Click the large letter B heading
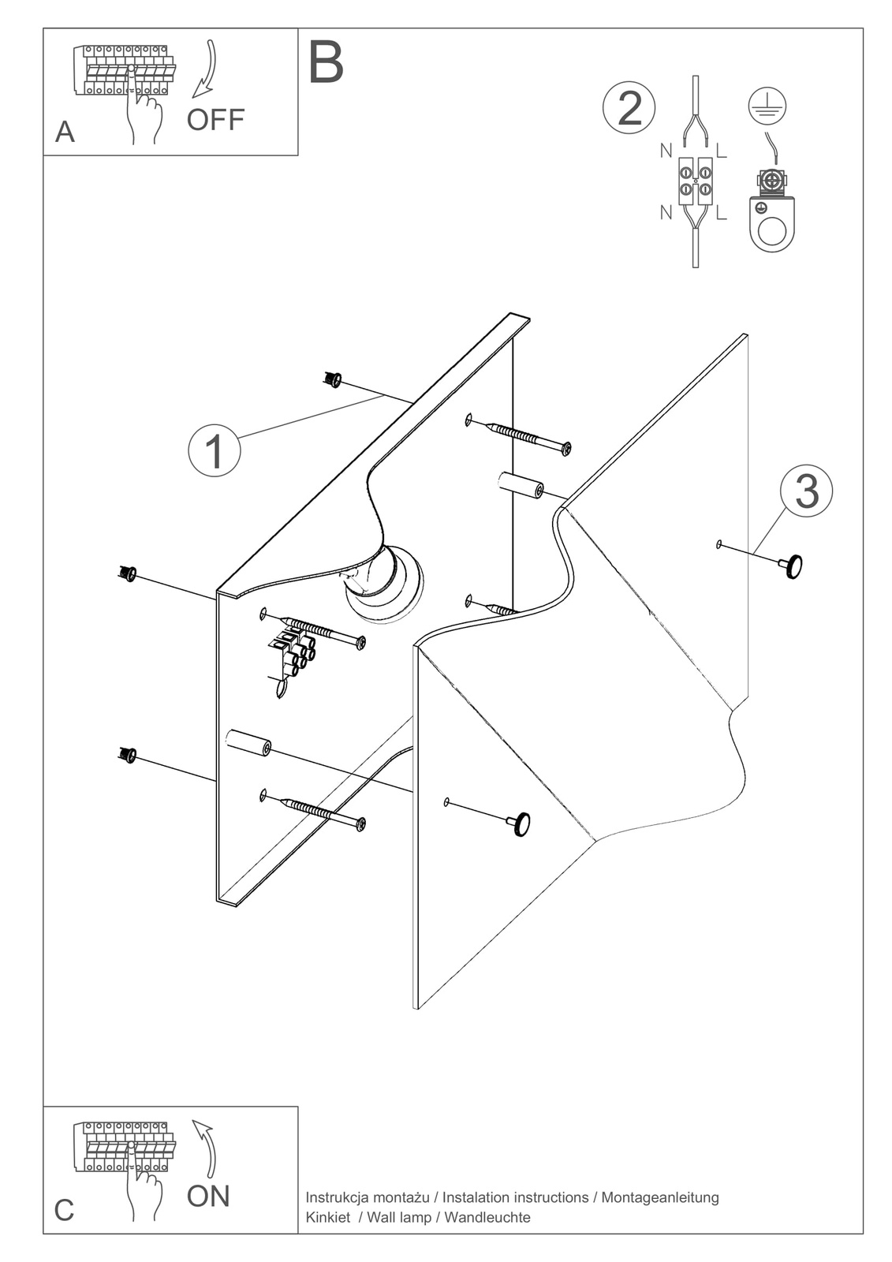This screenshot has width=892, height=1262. [326, 63]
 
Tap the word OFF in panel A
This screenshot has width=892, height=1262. [215, 120]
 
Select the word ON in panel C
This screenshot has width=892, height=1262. [208, 1197]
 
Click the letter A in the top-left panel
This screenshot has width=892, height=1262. [65, 132]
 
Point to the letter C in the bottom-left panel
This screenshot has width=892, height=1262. [64, 1210]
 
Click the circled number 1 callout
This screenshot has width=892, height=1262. [215, 450]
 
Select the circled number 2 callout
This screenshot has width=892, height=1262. [629, 109]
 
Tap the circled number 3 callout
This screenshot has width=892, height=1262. [806, 491]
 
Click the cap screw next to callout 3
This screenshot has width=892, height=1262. [791, 566]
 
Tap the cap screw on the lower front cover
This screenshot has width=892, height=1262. [519, 824]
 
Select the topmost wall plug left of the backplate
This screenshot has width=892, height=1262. [332, 380]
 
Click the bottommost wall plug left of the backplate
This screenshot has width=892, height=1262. [126, 754]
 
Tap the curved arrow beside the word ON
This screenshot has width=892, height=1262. [207, 1152]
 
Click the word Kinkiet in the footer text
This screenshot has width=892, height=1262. [327, 1217]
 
